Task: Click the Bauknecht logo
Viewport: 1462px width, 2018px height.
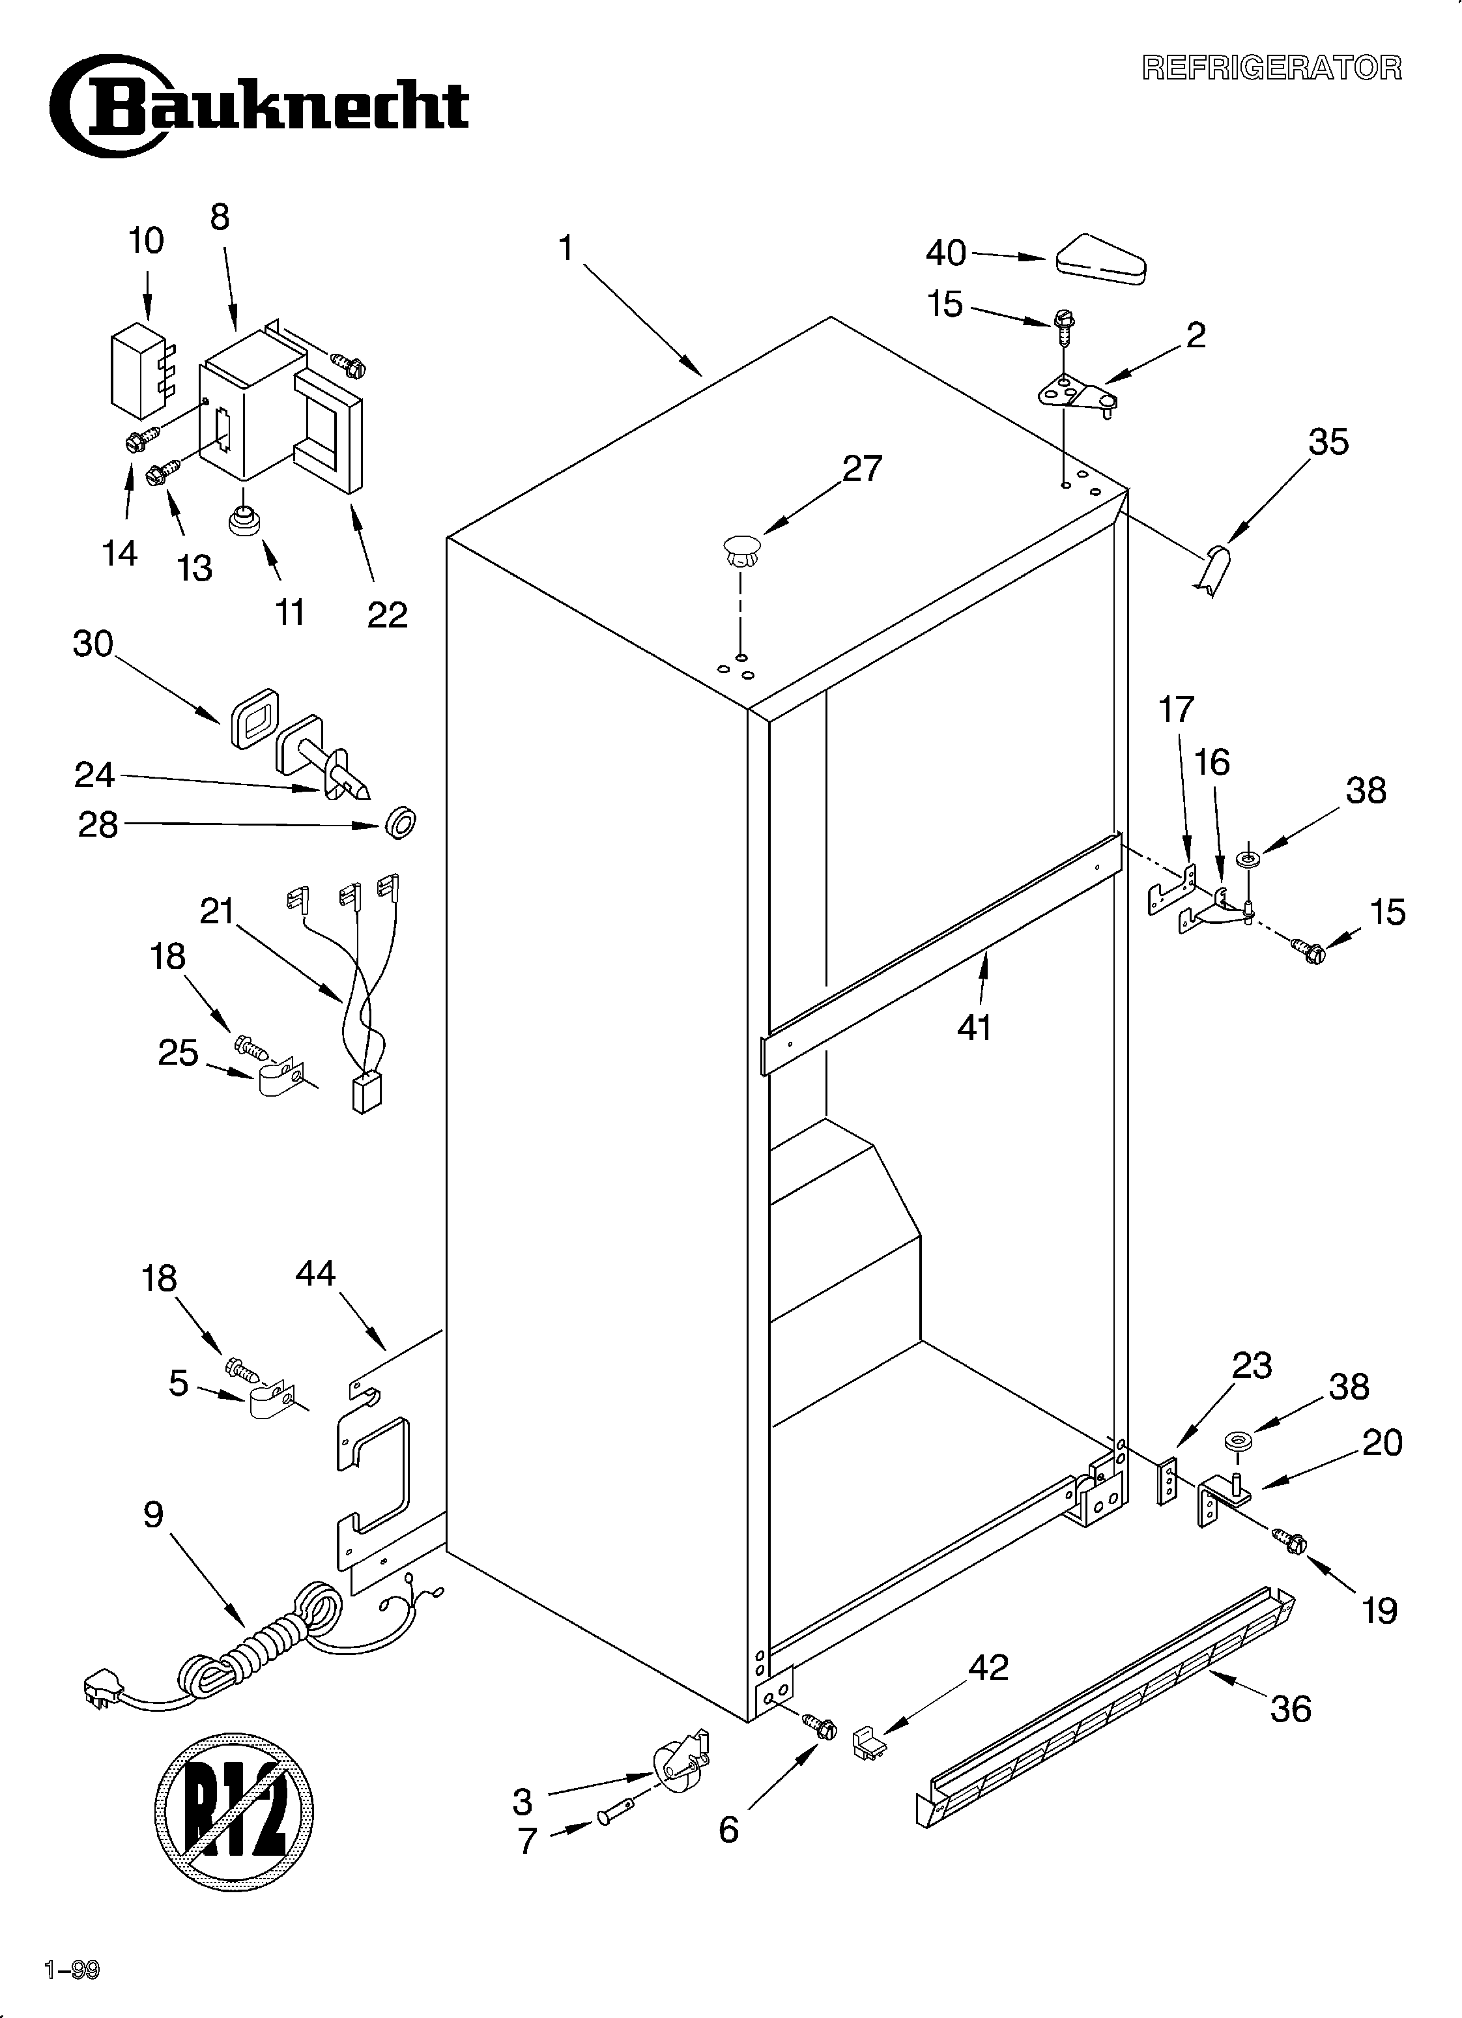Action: [x=258, y=107]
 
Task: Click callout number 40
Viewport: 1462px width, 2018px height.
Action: [x=945, y=253]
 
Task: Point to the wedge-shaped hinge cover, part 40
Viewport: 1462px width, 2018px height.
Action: [x=1100, y=261]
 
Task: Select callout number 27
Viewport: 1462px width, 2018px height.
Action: [x=861, y=468]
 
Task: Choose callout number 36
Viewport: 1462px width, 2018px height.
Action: [x=1290, y=1727]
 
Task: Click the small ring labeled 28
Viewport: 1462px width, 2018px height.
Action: [x=401, y=822]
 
